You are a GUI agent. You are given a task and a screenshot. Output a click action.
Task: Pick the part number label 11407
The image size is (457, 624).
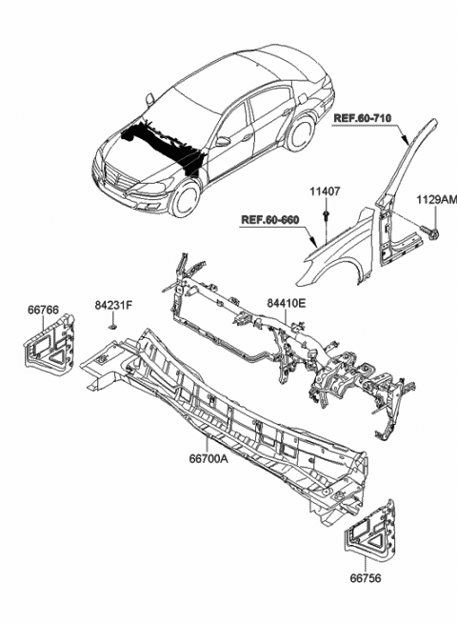326,191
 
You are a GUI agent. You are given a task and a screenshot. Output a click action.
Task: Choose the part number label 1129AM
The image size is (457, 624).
435,200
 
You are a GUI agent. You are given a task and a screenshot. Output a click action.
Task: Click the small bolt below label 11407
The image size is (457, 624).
327,222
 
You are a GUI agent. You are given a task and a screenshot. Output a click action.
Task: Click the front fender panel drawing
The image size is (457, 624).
333,262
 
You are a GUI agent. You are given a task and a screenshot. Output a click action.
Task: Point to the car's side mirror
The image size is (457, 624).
222,141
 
